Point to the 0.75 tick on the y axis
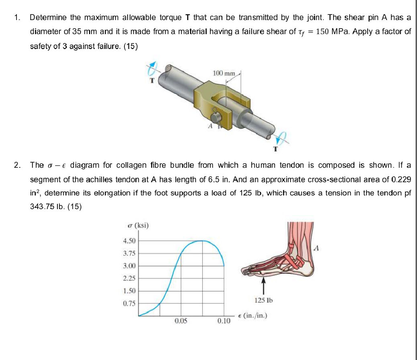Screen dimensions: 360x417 129,303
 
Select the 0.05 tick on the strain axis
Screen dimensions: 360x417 181,321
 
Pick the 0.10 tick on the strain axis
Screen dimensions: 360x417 224,321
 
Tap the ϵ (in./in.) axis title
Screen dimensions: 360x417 252,315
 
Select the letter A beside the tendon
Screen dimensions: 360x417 317,248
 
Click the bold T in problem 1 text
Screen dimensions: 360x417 187,18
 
